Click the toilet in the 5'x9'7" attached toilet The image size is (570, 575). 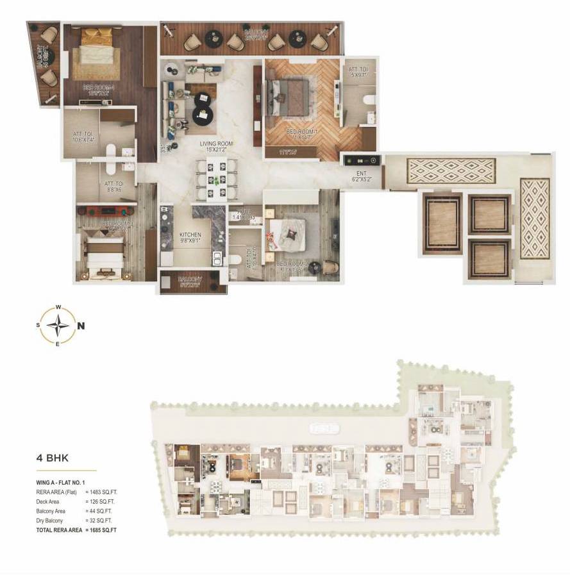[x=367, y=100]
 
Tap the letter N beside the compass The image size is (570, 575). [x=81, y=325]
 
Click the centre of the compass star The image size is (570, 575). [x=58, y=325]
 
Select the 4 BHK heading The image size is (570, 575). [x=53, y=459]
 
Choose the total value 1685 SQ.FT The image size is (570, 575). [x=103, y=531]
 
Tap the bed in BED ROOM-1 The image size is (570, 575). [x=289, y=99]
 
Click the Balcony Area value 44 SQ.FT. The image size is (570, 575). [x=98, y=511]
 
